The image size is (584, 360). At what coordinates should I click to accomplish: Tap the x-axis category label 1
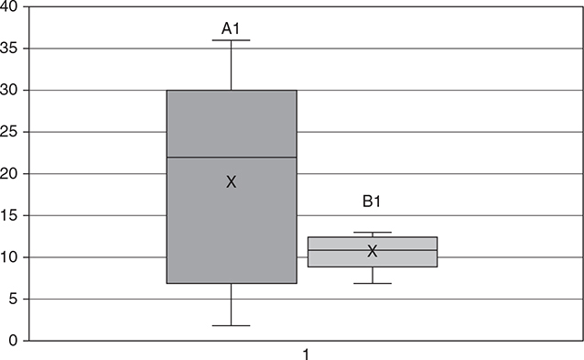coord(306,353)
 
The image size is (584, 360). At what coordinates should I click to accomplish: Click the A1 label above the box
coord(231,29)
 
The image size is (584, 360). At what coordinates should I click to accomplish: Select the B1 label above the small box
coord(373,202)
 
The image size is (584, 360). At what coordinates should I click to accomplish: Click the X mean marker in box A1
coord(232,182)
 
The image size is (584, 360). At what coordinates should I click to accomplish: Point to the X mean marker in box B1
coord(373,251)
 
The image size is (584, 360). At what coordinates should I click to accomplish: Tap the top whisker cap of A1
coord(232,40)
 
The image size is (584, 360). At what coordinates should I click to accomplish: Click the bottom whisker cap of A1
coord(232,325)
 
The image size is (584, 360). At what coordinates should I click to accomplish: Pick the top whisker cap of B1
coord(373,233)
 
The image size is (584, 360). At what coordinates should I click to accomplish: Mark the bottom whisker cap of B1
coord(373,283)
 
